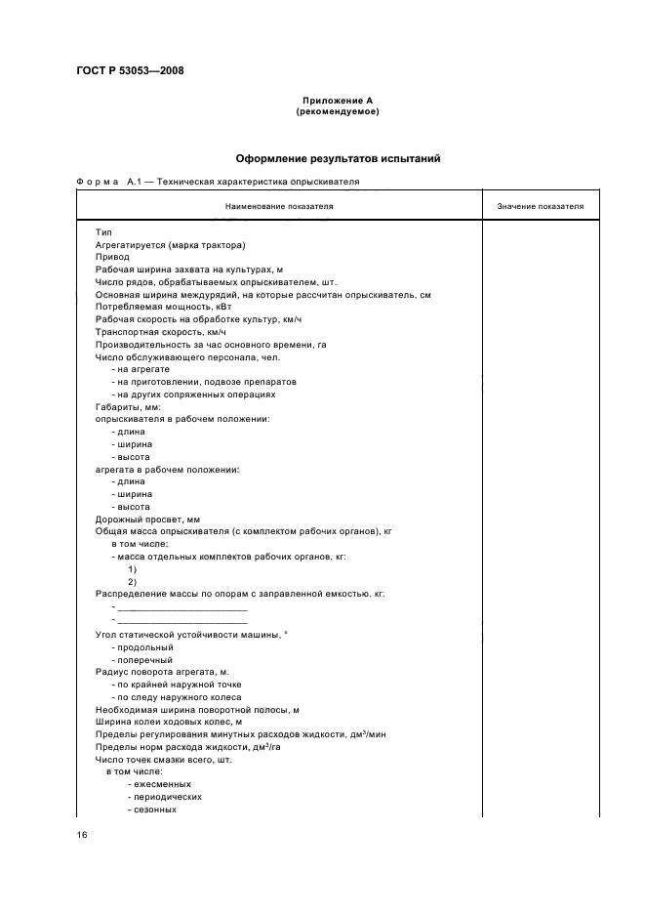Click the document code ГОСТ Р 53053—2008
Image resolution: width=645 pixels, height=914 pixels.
pyautogui.click(x=130, y=70)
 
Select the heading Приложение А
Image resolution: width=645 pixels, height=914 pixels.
pyautogui.click(x=337, y=101)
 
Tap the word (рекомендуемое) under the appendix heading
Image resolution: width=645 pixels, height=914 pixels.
pyautogui.click(x=337, y=111)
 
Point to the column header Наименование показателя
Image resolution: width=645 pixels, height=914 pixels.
pyautogui.click(x=279, y=207)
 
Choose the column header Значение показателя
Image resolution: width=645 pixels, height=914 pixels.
pyautogui.click(x=540, y=207)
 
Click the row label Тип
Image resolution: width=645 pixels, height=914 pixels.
pyautogui.click(x=103, y=230)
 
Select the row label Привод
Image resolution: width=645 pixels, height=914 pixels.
pyautogui.click(x=112, y=256)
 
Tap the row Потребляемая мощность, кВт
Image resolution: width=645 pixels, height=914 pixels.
pyautogui.click(x=157, y=307)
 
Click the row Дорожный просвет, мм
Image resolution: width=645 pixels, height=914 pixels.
pyautogui.click(x=146, y=519)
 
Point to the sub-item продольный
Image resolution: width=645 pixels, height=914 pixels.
pyautogui.click(x=142, y=646)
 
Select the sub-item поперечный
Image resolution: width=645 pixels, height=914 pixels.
pyautogui.click(x=144, y=659)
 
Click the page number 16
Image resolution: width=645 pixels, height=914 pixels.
pyautogui.click(x=83, y=836)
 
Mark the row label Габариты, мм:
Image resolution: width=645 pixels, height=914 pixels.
pyautogui.click(x=121, y=407)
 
